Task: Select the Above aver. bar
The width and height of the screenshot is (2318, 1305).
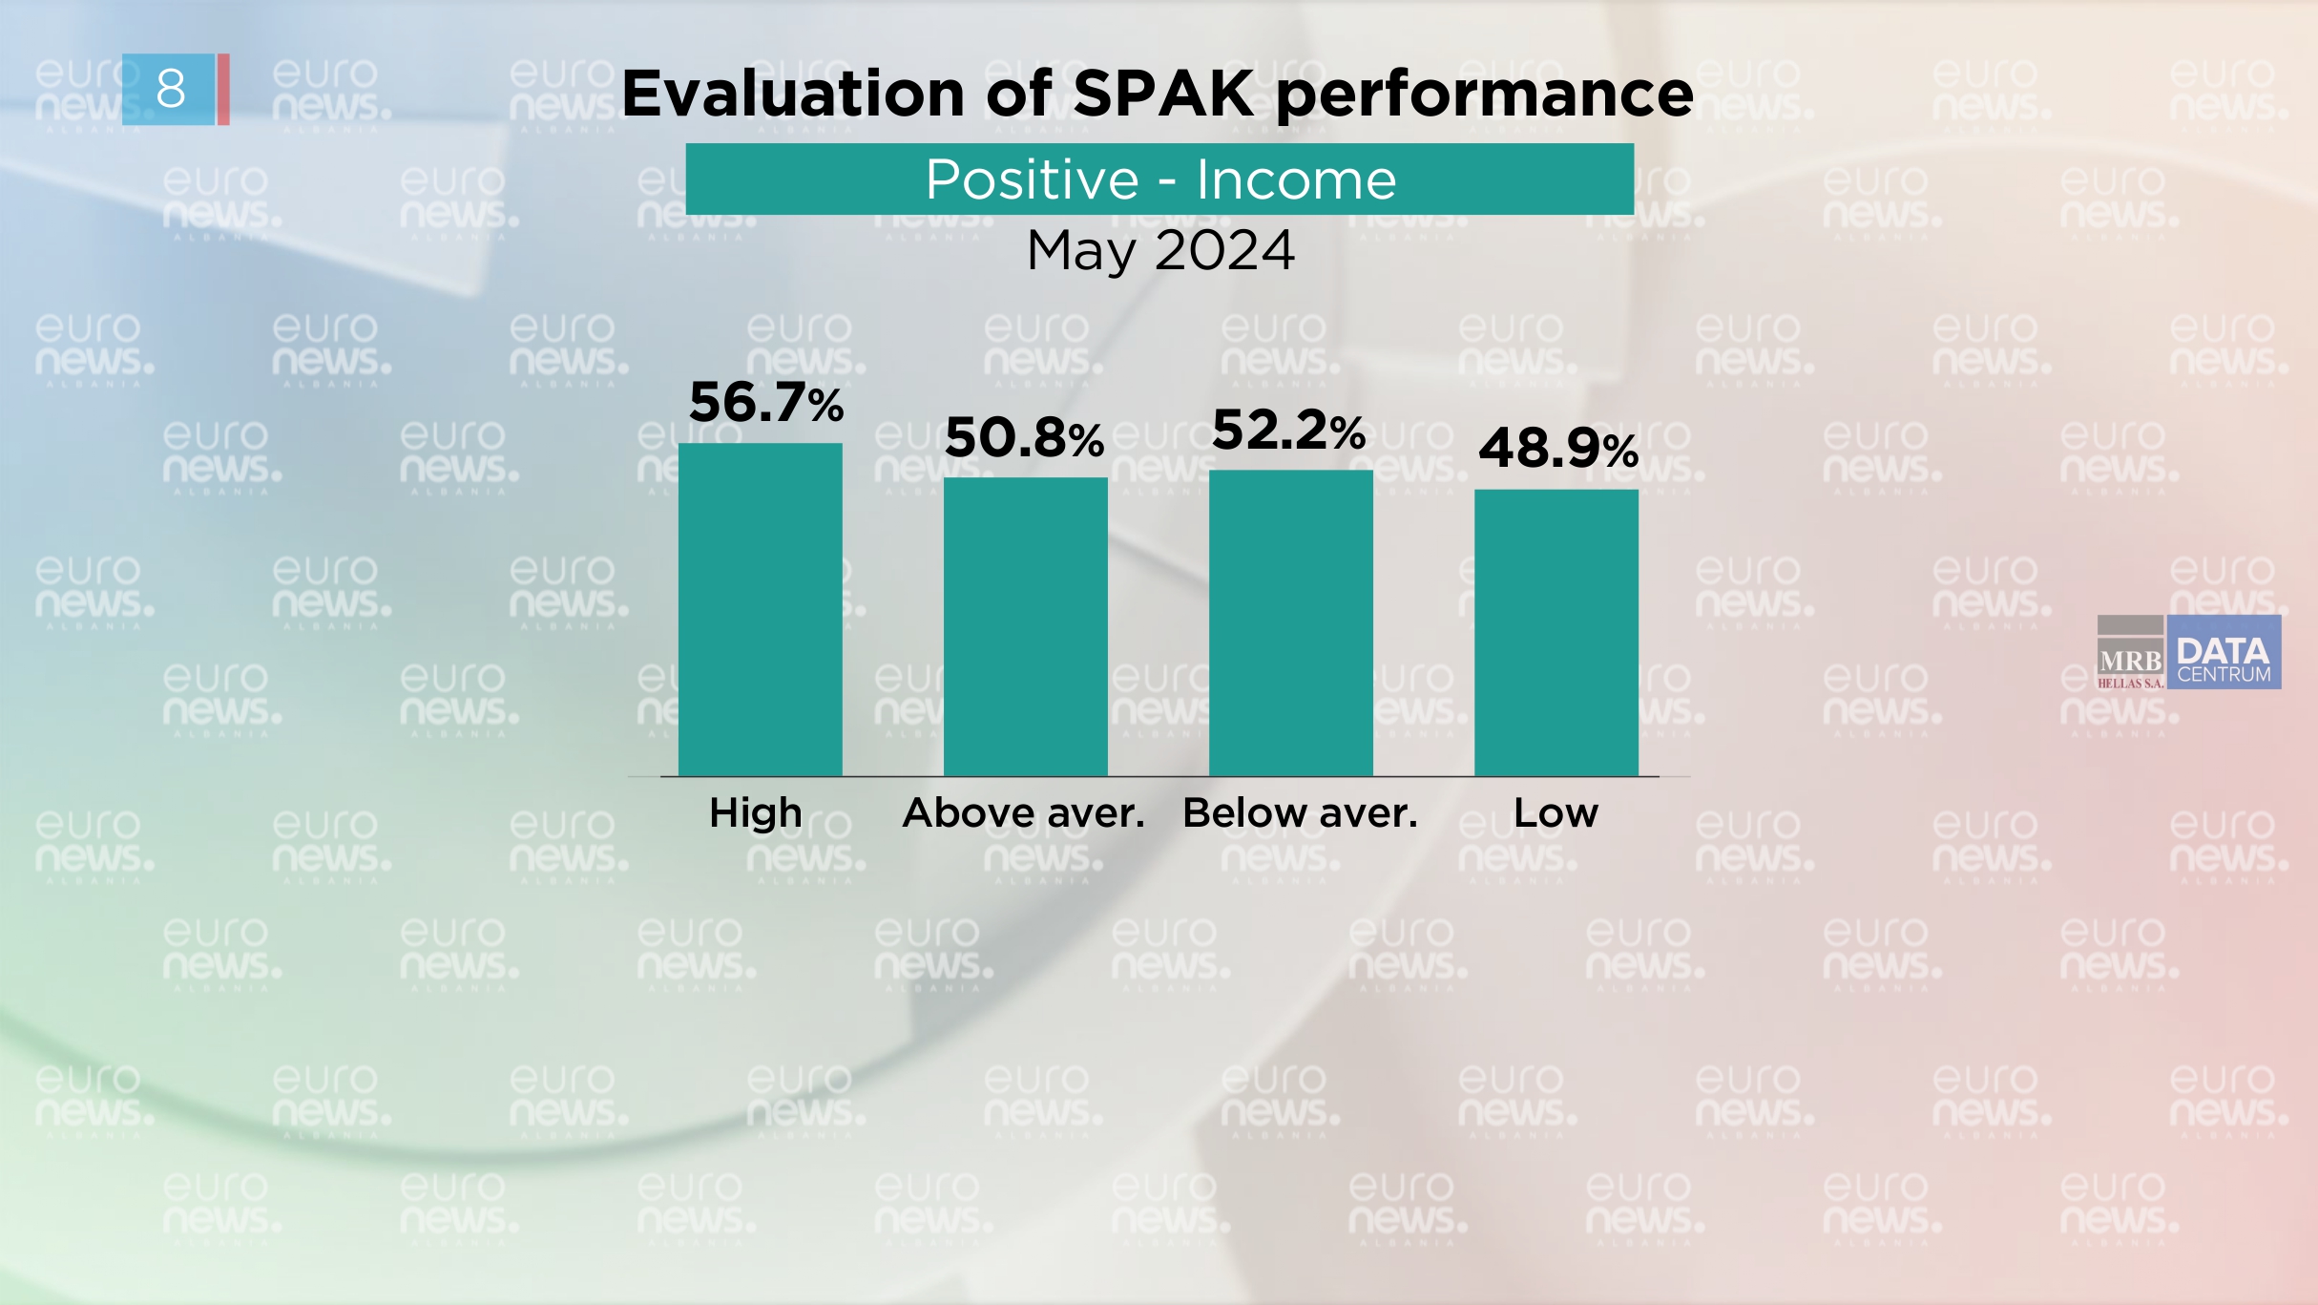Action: coord(1025,626)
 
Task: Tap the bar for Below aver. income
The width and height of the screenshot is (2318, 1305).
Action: coord(1290,622)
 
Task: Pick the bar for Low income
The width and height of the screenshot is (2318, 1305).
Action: coord(1556,632)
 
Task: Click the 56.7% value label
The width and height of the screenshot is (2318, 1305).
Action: coord(765,402)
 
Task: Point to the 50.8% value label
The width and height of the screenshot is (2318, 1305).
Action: coord(1023,438)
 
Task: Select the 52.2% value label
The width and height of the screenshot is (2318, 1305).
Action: coord(1288,431)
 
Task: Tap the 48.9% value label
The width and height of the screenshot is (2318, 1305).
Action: coord(1557,448)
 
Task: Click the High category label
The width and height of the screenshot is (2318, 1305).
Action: coord(755,813)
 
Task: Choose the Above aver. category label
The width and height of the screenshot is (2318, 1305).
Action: coord(1023,813)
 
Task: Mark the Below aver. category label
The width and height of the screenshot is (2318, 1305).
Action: coord(1300,813)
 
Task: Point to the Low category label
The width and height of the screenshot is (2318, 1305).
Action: coord(1556,813)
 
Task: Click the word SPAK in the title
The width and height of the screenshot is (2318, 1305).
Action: coord(1163,94)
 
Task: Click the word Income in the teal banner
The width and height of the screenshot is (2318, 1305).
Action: coord(1296,179)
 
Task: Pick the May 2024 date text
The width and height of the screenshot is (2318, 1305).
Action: coord(1159,251)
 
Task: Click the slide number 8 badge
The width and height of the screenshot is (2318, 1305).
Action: coord(170,89)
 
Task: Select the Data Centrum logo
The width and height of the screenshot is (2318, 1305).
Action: coord(2224,653)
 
